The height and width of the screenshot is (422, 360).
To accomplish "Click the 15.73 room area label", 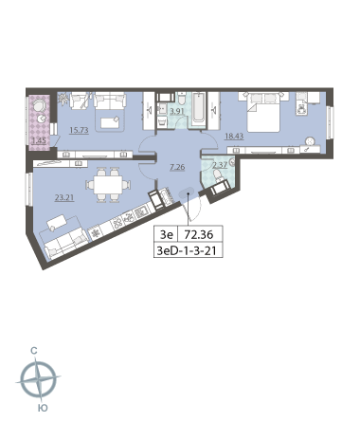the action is coord(79,130).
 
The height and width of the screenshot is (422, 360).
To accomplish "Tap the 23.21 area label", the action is coord(64,198).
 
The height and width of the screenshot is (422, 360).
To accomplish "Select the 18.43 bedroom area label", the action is coord(234,137).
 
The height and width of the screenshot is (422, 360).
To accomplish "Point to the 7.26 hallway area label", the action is coord(177,167).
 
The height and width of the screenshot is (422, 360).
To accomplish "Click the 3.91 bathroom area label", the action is coord(177,111).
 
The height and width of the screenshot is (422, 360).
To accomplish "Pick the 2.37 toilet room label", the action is coord(220,165).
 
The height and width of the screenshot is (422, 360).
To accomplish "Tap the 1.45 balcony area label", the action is coord(40,141).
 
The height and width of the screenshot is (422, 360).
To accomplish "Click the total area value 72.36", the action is coord(199,235).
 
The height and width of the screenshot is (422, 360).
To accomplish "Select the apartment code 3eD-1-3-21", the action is coord(187,251).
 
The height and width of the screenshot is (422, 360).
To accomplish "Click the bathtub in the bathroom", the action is coord(198,107).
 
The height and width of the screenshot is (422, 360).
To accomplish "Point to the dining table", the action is coord(108,185).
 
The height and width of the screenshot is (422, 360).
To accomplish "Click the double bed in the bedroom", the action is coord(263,112).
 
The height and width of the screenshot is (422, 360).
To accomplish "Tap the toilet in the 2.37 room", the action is coord(218,174).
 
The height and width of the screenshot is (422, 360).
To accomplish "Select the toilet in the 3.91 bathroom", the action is coord(182,99).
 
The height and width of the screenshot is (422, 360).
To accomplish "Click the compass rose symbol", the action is coord(39,378).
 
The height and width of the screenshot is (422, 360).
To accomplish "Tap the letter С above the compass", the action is coord(34,351).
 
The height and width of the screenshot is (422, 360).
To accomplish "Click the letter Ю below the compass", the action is coord(43,408).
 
